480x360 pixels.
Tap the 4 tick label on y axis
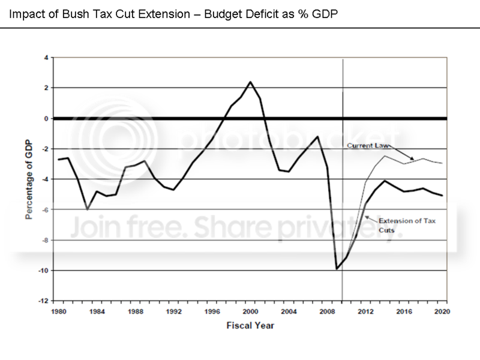pos(46,58)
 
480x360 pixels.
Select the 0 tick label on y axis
pos(46,118)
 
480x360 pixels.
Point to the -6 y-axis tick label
pos(45,209)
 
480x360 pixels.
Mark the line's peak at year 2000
pos(250,82)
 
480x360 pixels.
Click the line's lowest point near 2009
pos(337,269)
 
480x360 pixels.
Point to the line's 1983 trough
pos(88,209)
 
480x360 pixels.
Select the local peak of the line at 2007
pos(317,137)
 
